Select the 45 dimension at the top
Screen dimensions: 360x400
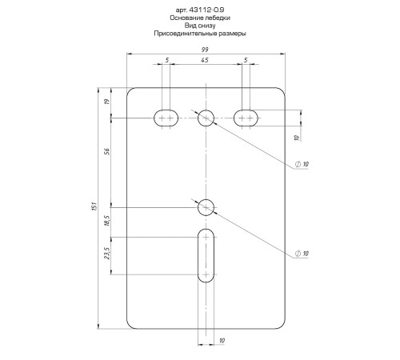[x=206, y=61]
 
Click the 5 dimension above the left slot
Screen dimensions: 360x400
[x=166, y=61]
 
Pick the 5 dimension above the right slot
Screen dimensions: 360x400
[x=245, y=61]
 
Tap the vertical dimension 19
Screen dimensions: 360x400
[x=106, y=102]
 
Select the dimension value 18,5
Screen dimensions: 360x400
[x=106, y=222]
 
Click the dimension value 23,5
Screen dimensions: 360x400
[x=106, y=255]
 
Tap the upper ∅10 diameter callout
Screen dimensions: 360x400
[x=302, y=164]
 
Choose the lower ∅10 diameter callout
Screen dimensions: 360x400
[x=302, y=254]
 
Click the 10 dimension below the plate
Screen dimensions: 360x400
[x=222, y=342]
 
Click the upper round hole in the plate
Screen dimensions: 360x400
[x=206, y=117]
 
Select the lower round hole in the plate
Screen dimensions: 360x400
[x=206, y=207]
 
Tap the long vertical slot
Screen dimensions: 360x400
[x=206, y=255]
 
